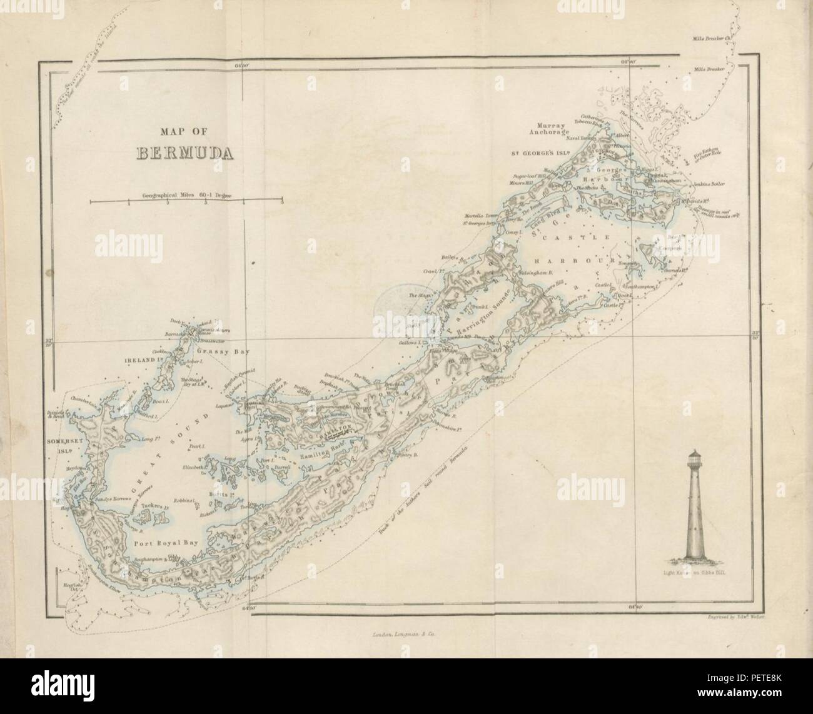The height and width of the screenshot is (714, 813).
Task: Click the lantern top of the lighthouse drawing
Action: click(x=695, y=459)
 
